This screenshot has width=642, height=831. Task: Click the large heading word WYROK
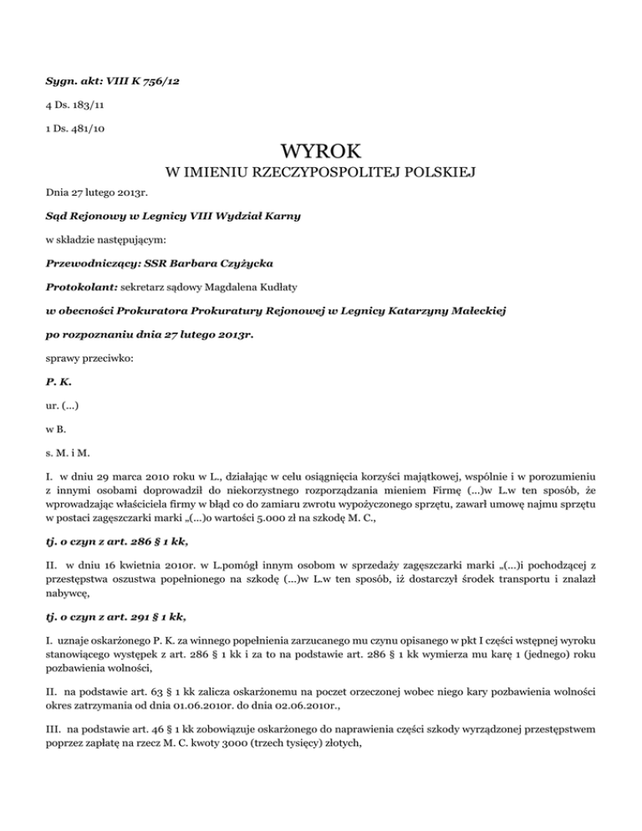[x=320, y=153]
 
